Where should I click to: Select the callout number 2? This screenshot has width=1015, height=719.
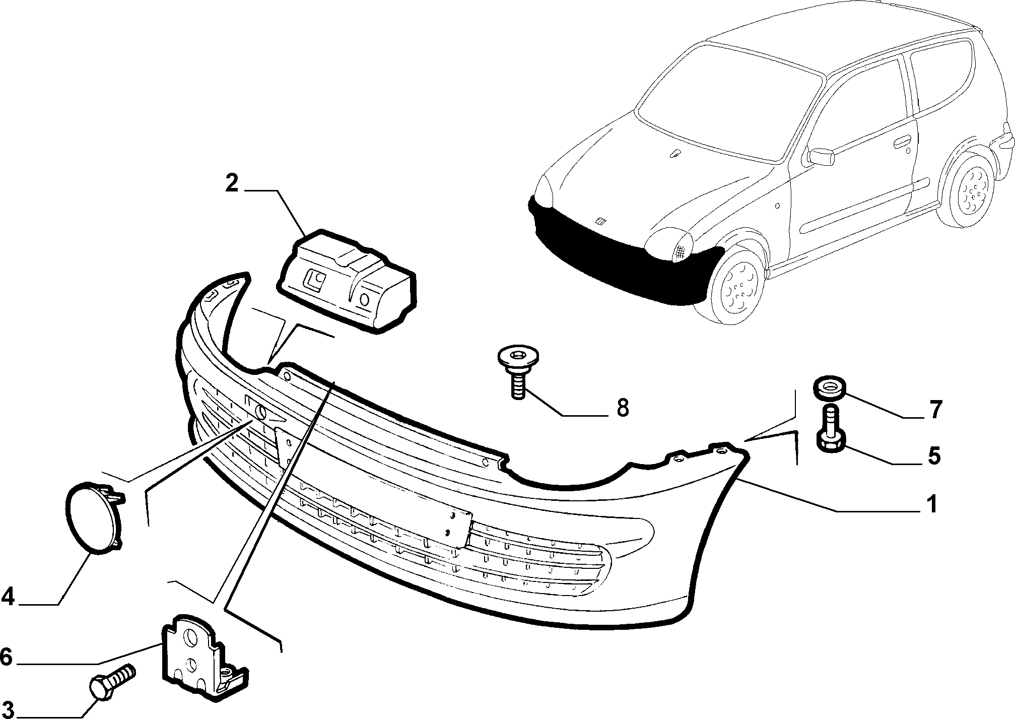click(232, 183)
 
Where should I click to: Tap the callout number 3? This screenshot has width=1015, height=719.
click(8, 708)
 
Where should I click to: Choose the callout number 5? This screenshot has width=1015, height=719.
click(934, 456)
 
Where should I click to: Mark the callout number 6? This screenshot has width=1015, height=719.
click(6, 657)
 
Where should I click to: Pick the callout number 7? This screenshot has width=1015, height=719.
click(935, 410)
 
